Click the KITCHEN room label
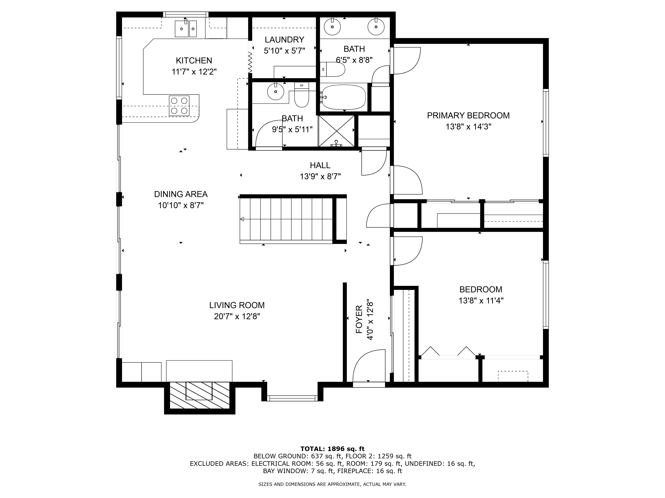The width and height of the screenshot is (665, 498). [194, 61]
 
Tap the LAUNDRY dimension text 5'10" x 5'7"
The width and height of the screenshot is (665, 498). [284, 51]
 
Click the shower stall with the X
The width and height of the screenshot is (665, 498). [336, 131]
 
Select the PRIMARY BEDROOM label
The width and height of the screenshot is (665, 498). [468, 116]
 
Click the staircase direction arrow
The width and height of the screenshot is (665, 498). [242, 219]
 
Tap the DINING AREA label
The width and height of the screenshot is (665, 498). [181, 194]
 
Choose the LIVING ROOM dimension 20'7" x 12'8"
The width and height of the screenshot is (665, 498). [237, 316]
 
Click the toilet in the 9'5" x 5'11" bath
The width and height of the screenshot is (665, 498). [302, 95]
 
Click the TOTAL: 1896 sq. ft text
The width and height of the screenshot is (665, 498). [332, 449]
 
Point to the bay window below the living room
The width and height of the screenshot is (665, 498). [292, 398]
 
